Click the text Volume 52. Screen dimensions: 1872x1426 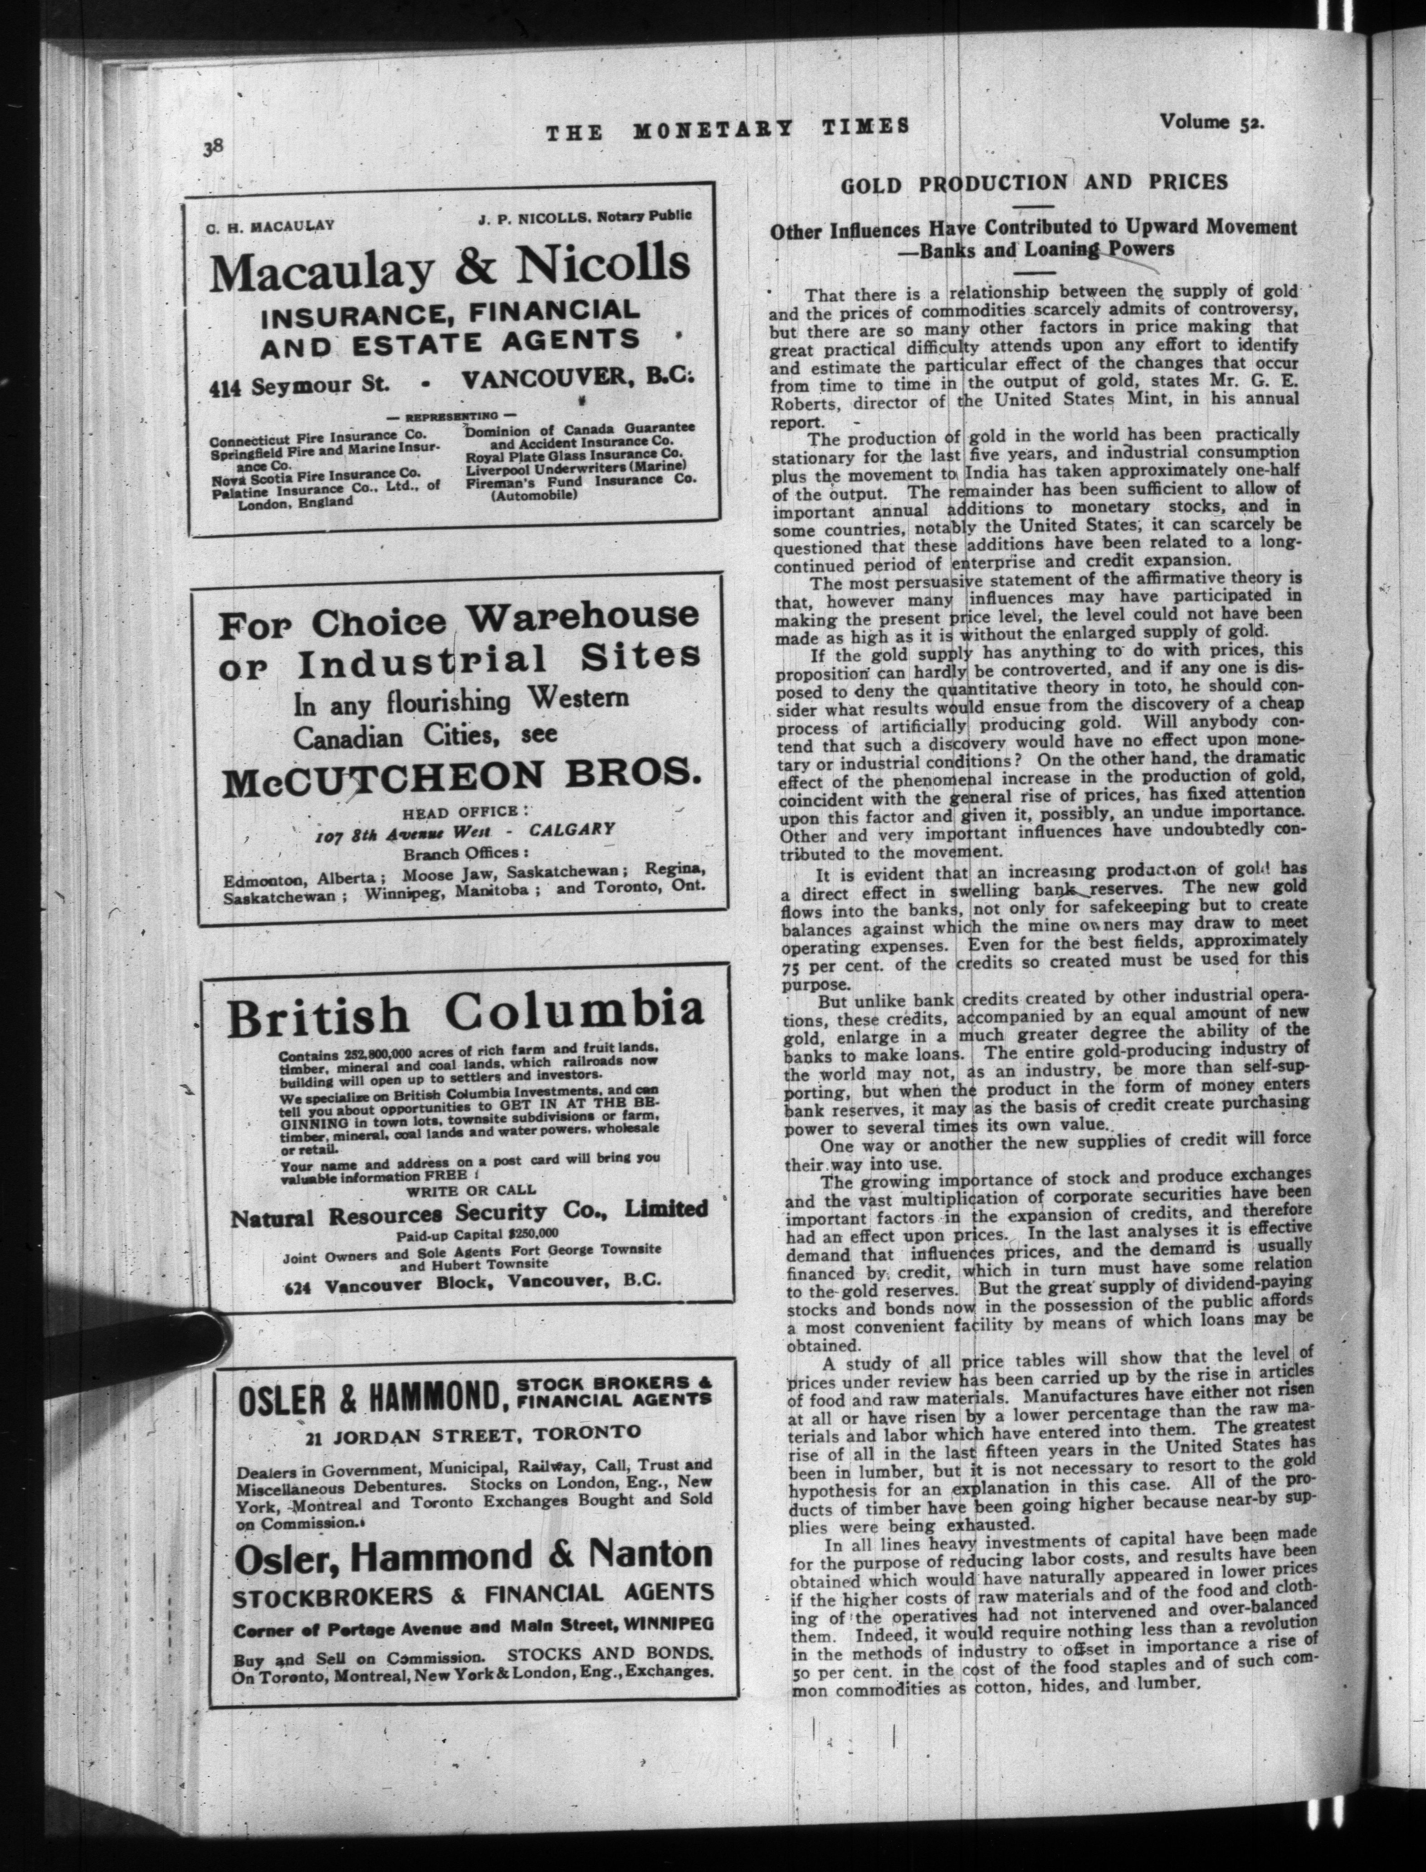tap(1212, 122)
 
